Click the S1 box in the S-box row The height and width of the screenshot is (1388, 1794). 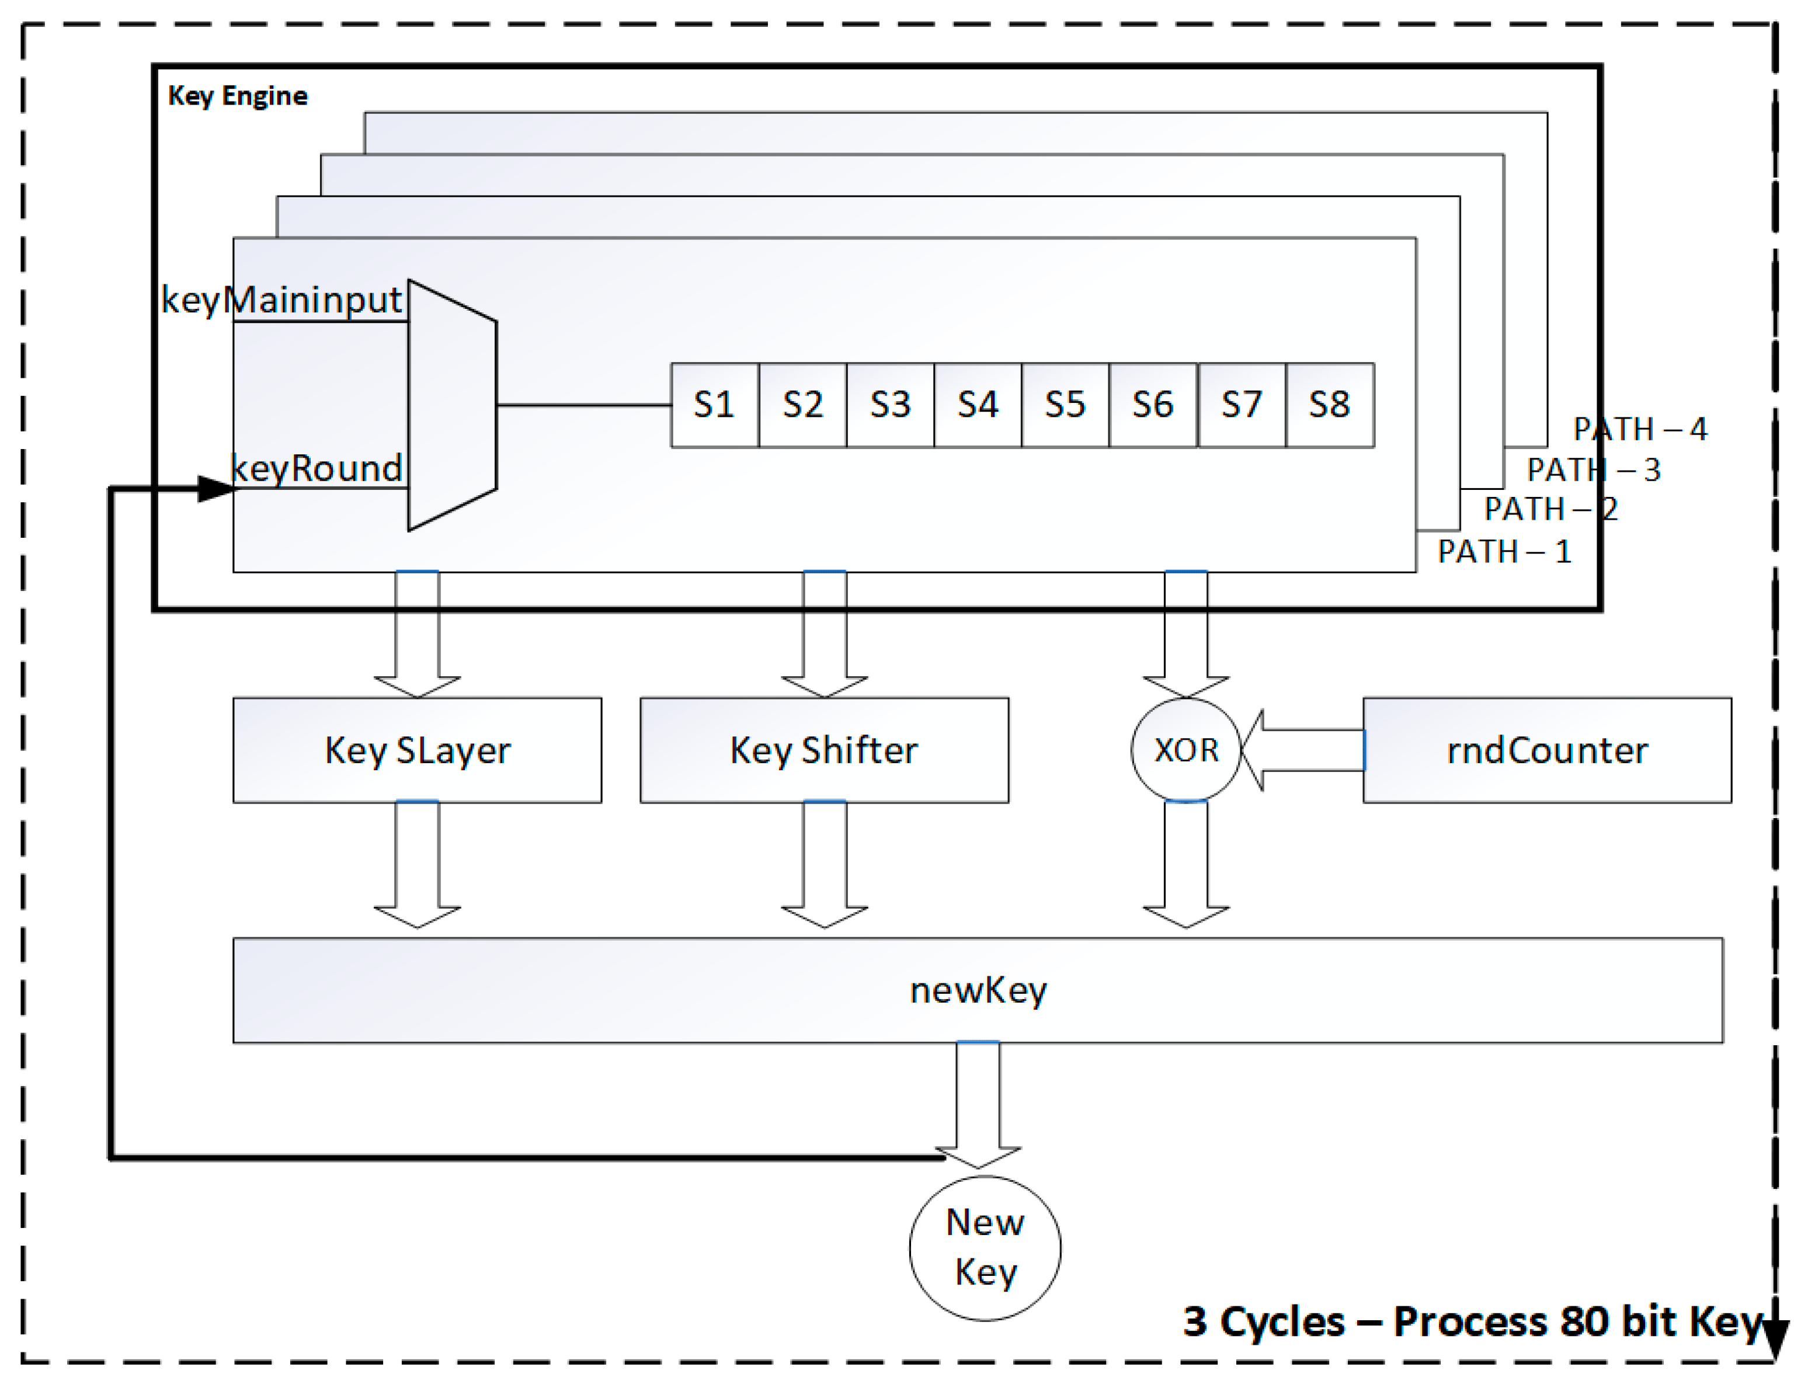point(714,405)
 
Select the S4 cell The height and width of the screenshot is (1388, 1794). point(978,405)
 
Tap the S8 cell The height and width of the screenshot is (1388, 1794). point(1329,405)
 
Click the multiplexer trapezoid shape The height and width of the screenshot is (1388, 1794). point(452,405)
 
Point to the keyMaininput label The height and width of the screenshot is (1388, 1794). point(281,300)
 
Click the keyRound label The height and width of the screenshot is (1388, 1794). point(317,468)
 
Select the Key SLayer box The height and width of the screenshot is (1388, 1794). point(418,750)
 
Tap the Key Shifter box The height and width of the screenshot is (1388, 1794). point(824,750)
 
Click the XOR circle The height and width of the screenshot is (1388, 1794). point(1185,750)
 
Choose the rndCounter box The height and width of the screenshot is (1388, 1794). point(1547,750)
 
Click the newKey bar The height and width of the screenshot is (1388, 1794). point(978,990)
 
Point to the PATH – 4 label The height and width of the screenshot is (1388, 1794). point(1640,429)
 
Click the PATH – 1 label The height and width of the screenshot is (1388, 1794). point(1504,551)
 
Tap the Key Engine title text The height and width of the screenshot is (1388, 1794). point(238,96)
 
